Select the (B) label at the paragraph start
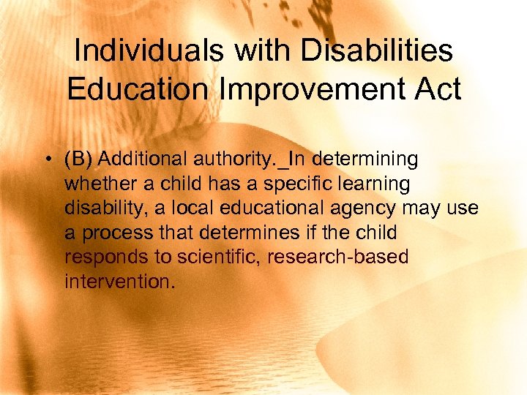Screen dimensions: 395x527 click(79, 159)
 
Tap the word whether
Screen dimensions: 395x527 click(96, 184)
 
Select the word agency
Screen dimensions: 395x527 click(361, 208)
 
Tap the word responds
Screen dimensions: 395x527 click(100, 257)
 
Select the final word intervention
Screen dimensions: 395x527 click(119, 281)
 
